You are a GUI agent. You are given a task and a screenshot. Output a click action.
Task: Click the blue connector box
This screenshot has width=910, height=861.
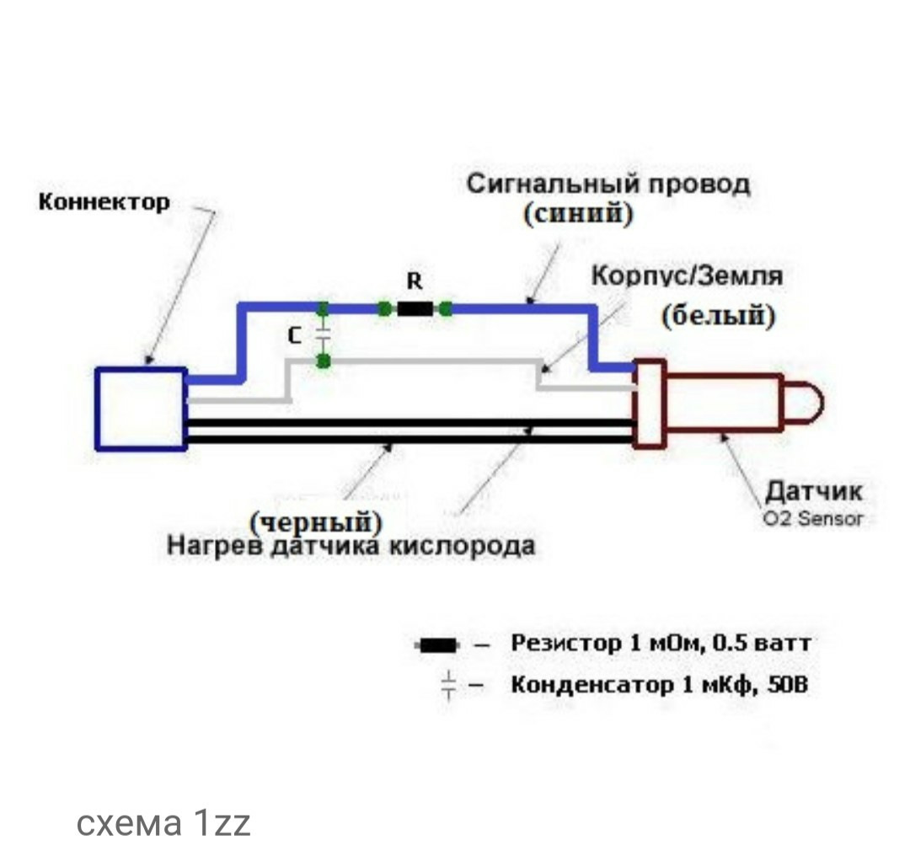pos(141,409)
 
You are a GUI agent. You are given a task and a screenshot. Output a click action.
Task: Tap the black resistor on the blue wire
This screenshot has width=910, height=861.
pos(415,308)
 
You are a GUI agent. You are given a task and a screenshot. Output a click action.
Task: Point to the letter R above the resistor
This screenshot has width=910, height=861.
pos(415,281)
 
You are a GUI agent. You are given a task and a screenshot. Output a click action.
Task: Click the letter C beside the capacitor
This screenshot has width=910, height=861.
pos(295,335)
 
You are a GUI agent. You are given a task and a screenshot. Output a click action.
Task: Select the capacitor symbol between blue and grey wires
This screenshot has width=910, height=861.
pos(324,334)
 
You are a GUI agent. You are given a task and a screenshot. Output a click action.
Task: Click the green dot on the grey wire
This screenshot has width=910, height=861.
pos(324,361)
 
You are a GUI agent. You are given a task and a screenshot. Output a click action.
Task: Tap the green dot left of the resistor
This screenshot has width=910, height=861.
pos(384,308)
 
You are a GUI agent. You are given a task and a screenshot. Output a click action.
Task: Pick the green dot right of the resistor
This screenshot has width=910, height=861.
pos(446,308)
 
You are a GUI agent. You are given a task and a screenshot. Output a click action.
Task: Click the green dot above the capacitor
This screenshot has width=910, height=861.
pos(324,308)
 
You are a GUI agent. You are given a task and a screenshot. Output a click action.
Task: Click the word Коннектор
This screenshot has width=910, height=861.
pos(104,202)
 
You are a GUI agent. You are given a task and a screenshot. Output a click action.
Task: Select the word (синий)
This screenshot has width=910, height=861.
pos(578,213)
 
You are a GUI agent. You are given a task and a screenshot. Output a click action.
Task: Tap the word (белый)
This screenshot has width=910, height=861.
pos(719,316)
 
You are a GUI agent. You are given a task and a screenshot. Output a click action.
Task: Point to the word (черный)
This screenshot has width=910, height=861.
pos(316,522)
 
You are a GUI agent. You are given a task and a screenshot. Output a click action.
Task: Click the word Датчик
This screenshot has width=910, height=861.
pos(814,491)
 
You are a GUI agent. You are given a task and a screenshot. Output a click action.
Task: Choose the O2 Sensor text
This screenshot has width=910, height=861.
pos(813,518)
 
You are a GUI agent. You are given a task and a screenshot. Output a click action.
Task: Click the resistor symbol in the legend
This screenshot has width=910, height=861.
pos(437,645)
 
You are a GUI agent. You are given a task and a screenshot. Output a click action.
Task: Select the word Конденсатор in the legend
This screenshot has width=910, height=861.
pos(592,685)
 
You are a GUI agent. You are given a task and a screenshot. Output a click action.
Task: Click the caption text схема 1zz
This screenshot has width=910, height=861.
pos(163,823)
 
